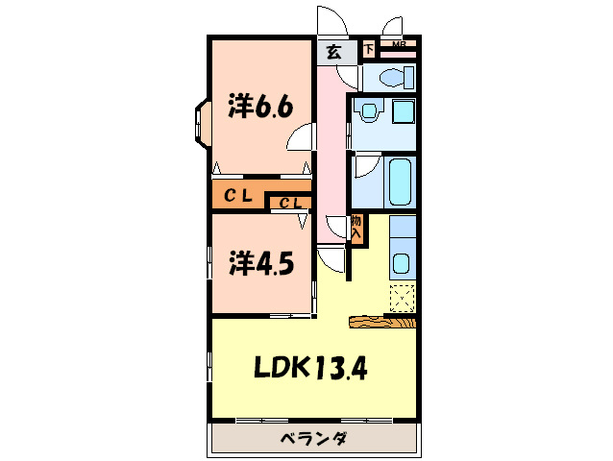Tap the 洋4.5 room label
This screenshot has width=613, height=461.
(x=259, y=262)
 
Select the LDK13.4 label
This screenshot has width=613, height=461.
(x=310, y=367)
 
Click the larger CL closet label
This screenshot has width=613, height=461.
(x=238, y=196)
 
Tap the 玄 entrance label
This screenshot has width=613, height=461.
(x=332, y=52)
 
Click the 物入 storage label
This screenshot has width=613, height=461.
(x=356, y=229)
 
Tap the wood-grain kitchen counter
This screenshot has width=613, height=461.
(x=382, y=322)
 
